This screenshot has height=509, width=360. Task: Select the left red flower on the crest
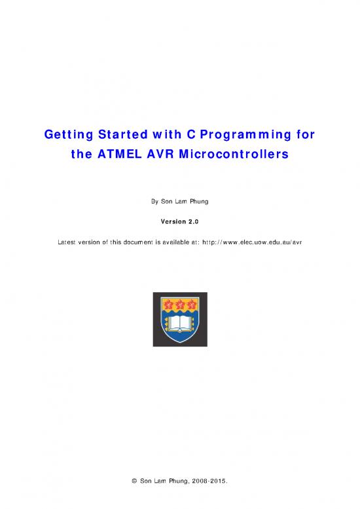(168, 304)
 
